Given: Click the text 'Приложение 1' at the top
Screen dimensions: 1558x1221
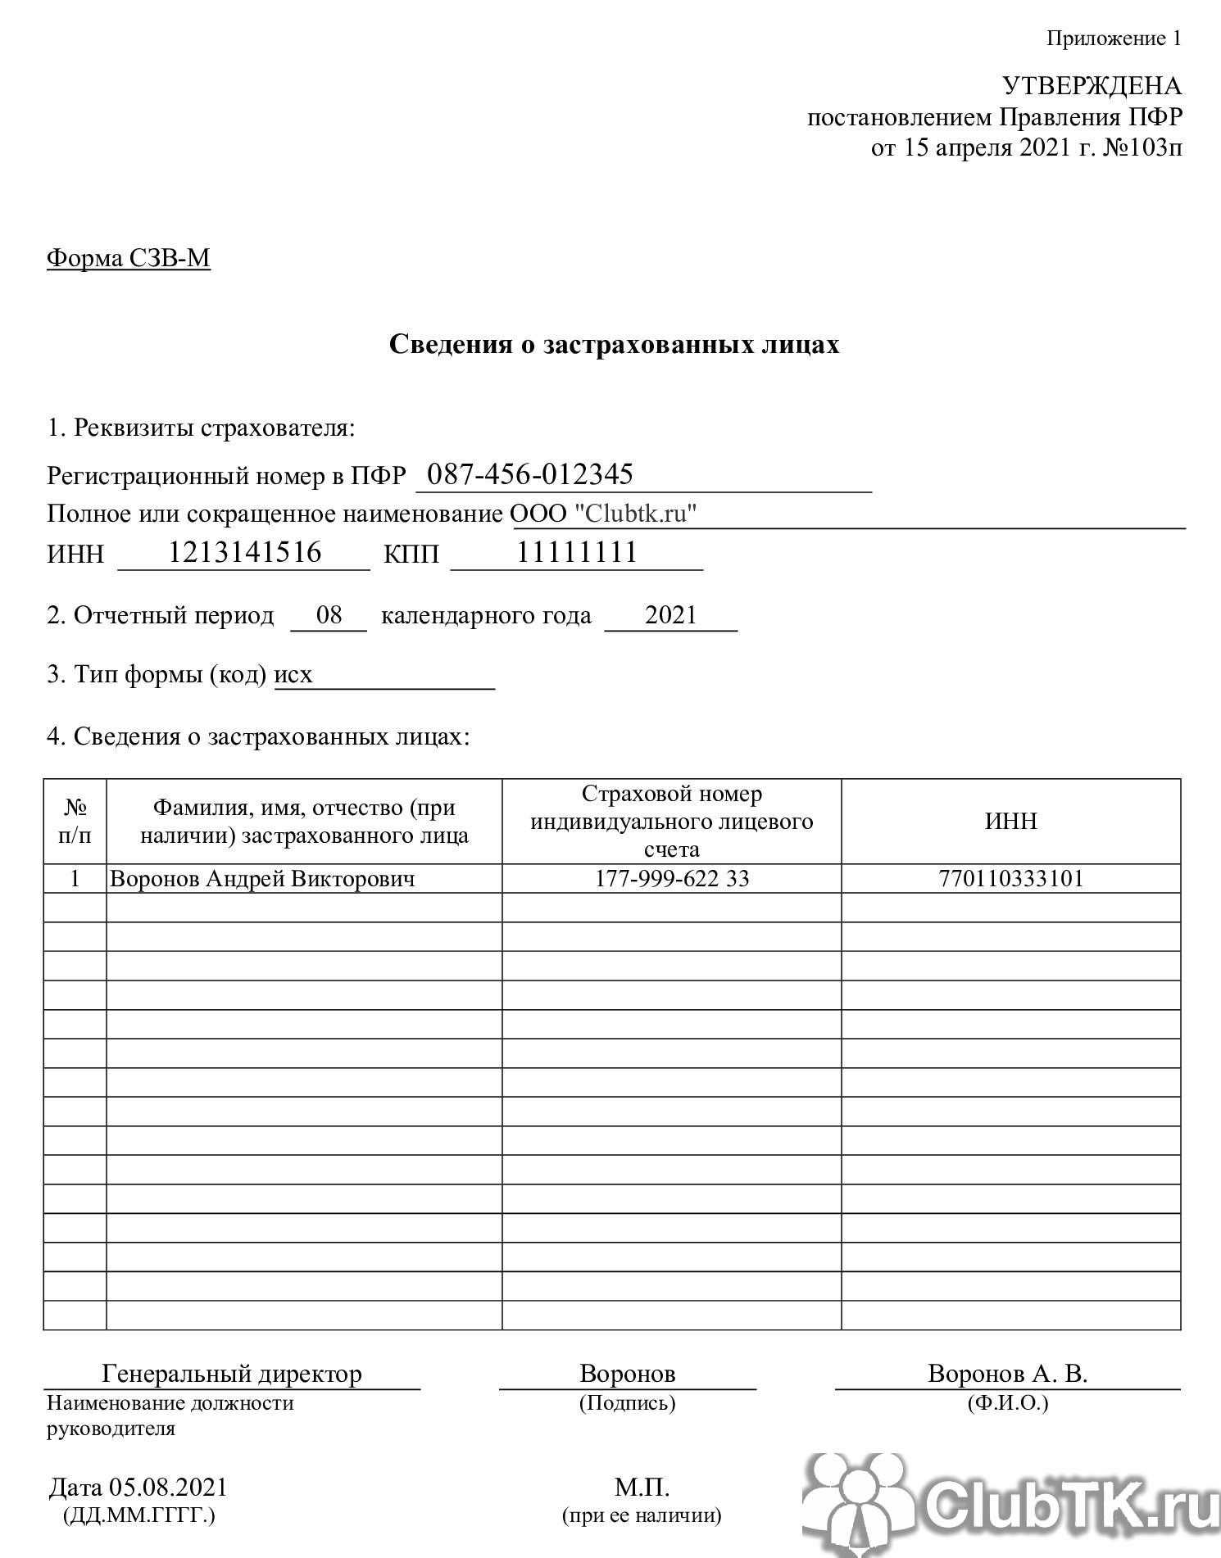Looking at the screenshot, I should (x=1114, y=38).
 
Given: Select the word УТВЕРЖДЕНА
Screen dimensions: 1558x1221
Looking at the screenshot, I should (x=1092, y=86).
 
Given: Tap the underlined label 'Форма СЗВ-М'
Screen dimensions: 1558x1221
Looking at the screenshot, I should (x=129, y=258).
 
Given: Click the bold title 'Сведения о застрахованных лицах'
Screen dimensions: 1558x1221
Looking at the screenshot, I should (x=614, y=344).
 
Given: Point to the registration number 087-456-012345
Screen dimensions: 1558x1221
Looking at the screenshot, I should (x=530, y=474).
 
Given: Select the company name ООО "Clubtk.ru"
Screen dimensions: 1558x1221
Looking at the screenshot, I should (x=603, y=514).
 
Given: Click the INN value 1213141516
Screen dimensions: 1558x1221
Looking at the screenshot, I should (x=244, y=552).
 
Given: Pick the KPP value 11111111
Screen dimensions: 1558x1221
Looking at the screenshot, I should (x=577, y=552).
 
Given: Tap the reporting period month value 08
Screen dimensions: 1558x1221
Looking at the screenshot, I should (x=329, y=614).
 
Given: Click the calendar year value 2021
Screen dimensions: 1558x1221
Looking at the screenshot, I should (x=670, y=614).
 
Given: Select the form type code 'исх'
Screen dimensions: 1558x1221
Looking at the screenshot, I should (x=293, y=674).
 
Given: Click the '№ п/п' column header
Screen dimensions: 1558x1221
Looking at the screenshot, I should (x=75, y=822).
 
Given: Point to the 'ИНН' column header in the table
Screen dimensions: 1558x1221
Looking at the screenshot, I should (x=1010, y=821).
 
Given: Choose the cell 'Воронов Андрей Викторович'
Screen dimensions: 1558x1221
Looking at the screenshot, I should (x=262, y=879).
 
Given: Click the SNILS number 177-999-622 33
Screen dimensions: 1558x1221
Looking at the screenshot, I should (x=671, y=879).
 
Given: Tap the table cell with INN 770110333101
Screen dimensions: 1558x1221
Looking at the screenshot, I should (x=1010, y=879).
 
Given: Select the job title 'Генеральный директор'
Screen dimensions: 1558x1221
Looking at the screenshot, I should (x=231, y=1374).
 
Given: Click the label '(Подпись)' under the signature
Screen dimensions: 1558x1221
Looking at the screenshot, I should (x=627, y=1403).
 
